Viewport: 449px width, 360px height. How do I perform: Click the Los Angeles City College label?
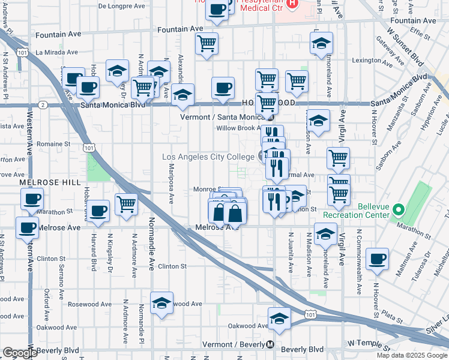(208, 157)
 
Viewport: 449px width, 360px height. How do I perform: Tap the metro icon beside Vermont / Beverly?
(270, 345)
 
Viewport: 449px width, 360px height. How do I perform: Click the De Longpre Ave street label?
(121, 6)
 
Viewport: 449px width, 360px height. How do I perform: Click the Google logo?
(20, 353)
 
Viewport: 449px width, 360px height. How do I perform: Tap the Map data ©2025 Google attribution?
(412, 355)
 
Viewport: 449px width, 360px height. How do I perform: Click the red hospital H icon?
(292, 4)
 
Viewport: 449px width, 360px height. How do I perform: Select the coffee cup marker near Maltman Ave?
(378, 260)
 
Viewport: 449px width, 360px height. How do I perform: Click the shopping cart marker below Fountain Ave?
(206, 44)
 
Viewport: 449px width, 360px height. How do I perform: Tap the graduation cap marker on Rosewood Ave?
(161, 304)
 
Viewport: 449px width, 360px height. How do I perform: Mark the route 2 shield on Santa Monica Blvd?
(43, 104)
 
